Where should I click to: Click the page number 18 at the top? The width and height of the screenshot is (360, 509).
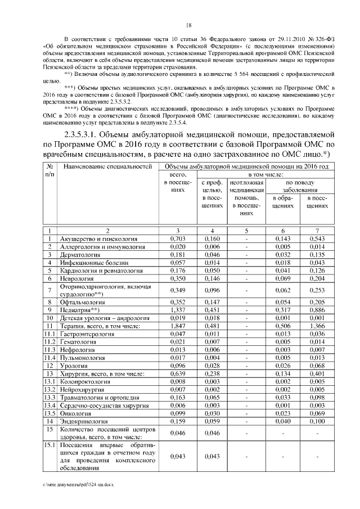(188, 25)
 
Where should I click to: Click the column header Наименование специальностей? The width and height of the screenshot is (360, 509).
(108, 167)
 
